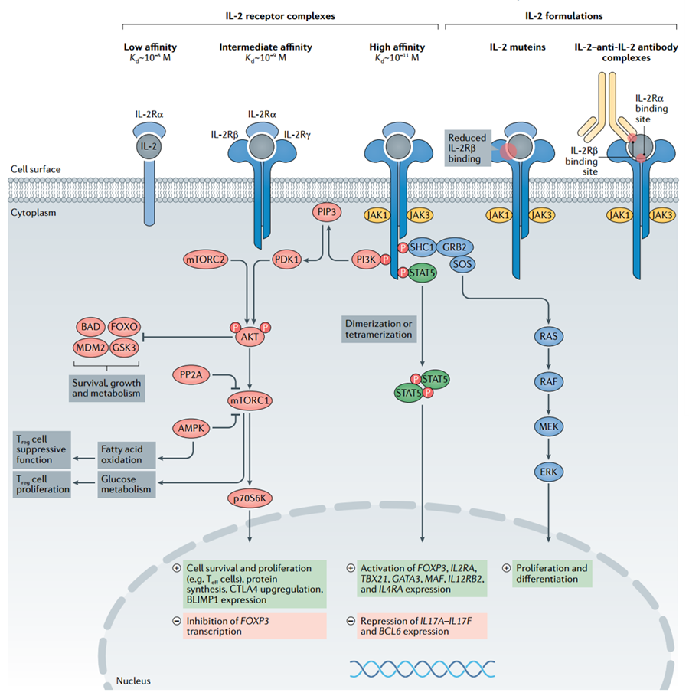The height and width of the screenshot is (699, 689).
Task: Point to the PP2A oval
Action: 191,374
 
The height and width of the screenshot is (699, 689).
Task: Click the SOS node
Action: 462,265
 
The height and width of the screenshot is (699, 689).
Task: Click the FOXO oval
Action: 124,327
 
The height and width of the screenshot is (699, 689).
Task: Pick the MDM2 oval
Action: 90,346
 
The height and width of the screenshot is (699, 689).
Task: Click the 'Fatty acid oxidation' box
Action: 121,454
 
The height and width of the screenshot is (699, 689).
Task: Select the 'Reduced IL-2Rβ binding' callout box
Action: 467,149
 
